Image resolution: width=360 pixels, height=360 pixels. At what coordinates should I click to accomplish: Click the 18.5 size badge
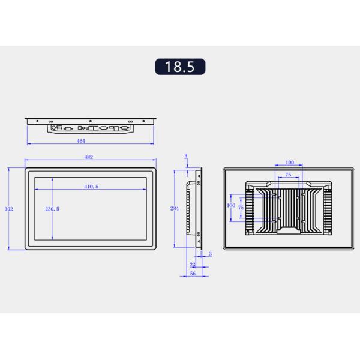pyautogui.click(x=180, y=66)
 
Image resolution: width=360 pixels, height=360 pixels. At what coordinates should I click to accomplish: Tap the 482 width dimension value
pyautogui.click(x=89, y=157)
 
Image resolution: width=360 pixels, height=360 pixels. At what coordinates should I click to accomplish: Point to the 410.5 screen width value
pyautogui.click(x=91, y=187)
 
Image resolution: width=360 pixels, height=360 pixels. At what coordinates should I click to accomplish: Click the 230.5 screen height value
pyautogui.click(x=52, y=209)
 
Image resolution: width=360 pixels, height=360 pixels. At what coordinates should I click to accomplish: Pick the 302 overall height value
pyautogui.click(x=8, y=209)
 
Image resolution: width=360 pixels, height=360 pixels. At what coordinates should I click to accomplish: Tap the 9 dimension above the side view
pyautogui.click(x=186, y=156)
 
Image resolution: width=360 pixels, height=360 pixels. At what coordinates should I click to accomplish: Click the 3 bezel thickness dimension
pyautogui.click(x=210, y=254)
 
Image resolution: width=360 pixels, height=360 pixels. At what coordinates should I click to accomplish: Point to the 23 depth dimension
pyautogui.click(x=192, y=264)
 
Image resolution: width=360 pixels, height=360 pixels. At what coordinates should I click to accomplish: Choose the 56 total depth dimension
pyautogui.click(x=193, y=274)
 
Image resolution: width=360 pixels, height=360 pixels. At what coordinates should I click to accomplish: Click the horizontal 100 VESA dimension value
pyautogui.click(x=290, y=163)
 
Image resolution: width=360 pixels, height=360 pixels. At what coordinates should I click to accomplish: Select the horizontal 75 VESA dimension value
pyautogui.click(x=289, y=175)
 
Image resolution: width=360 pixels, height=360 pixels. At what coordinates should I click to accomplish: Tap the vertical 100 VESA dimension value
pyautogui.click(x=230, y=205)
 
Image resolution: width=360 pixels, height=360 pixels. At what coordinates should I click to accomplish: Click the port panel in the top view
pyautogui.click(x=91, y=128)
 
